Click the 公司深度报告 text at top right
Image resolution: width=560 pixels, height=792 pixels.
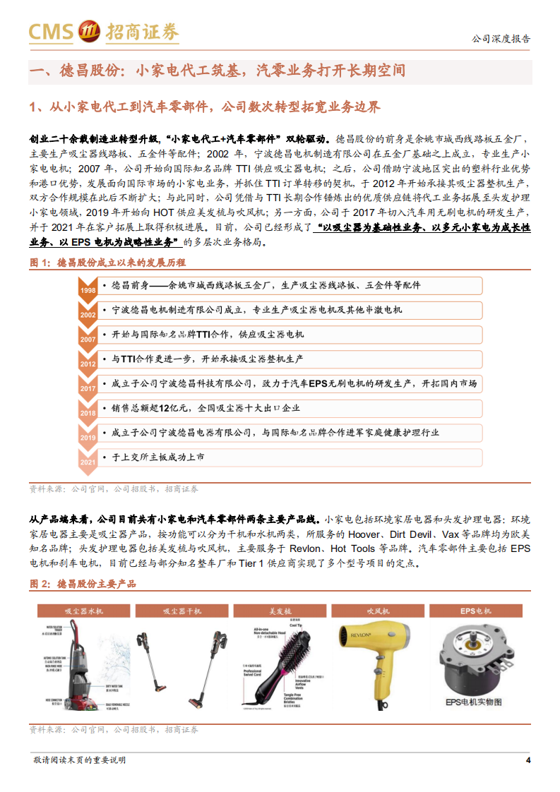pyautogui.click(x=501, y=39)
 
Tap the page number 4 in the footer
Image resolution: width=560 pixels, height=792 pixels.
pyautogui.click(x=528, y=760)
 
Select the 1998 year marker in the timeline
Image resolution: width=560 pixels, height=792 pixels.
pyautogui.click(x=88, y=291)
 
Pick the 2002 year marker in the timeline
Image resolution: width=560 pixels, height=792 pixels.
pyautogui.click(x=88, y=315)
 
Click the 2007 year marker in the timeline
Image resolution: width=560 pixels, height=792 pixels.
pyautogui.click(x=88, y=340)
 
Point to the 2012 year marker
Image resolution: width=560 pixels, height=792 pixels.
pyautogui.click(x=88, y=364)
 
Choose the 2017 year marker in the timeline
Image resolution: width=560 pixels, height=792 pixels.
pyautogui.click(x=88, y=389)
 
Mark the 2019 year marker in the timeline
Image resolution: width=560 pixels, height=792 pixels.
pyautogui.click(x=88, y=438)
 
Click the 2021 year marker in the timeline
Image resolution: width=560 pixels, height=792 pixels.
pyautogui.click(x=88, y=462)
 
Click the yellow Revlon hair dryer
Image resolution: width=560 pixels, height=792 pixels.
pyautogui.click(x=371, y=653)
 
